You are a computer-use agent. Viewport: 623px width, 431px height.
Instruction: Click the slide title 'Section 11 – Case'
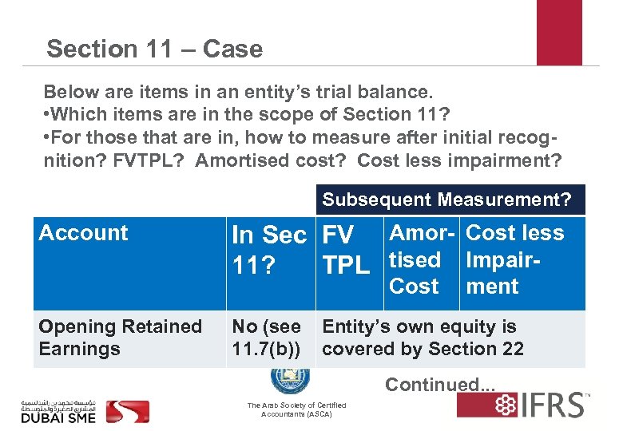tap(154, 49)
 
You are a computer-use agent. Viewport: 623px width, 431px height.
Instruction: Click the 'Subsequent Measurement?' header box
tap(446, 200)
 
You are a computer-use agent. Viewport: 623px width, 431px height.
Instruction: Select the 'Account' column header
tap(83, 233)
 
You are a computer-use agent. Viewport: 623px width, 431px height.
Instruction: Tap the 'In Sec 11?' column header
tap(268, 249)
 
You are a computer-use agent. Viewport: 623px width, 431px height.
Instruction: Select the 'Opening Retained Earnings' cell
tap(120, 338)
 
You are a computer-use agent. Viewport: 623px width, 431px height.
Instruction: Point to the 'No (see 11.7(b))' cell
tap(266, 338)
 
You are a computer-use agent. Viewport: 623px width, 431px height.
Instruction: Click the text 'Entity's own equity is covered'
tap(419, 327)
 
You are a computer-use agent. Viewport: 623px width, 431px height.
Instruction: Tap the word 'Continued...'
tap(440, 385)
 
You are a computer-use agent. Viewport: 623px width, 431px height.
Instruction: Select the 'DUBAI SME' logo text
tap(58, 417)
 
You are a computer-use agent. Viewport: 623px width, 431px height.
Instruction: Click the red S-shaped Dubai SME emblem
tap(128, 410)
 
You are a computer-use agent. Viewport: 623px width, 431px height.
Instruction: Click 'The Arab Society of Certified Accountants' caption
tap(296, 409)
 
